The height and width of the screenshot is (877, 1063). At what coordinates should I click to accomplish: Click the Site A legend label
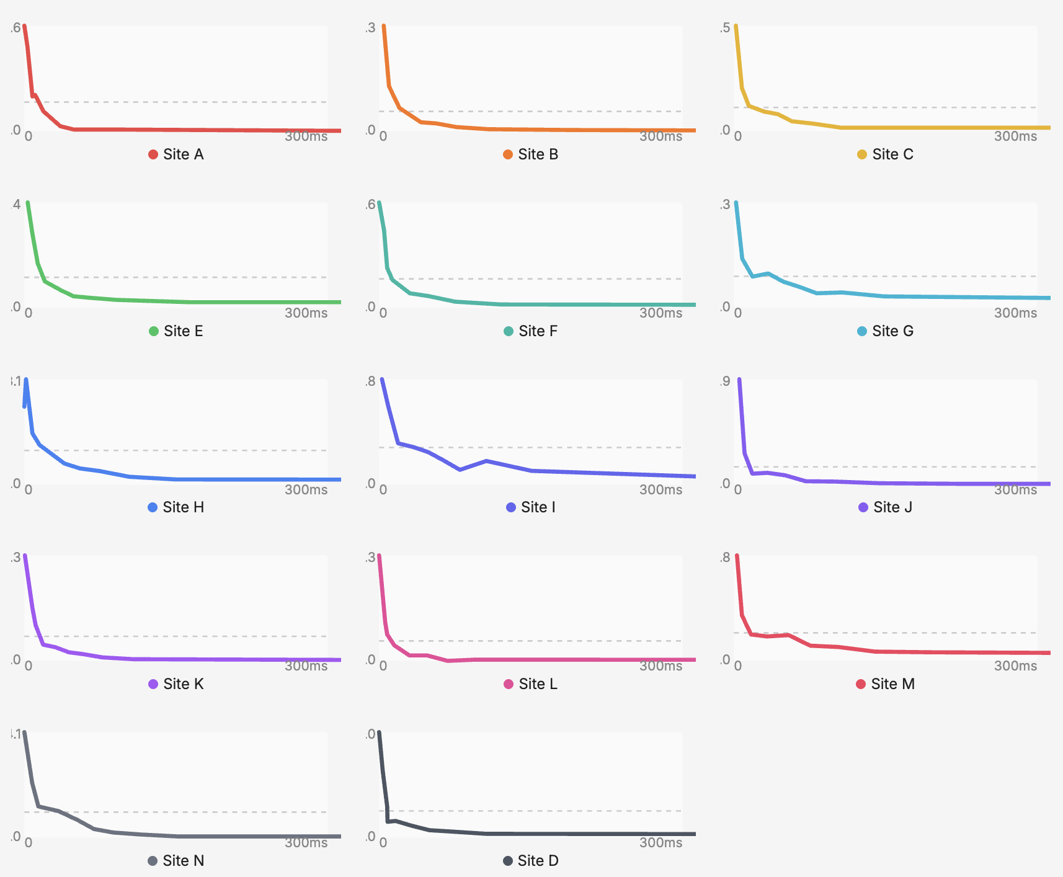tap(183, 154)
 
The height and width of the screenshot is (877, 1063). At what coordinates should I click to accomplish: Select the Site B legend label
tap(538, 154)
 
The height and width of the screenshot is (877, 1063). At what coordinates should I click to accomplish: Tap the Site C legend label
tap(892, 154)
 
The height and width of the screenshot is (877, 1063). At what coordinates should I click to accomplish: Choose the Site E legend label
tap(183, 331)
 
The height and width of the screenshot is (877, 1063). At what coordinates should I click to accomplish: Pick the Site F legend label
tap(538, 331)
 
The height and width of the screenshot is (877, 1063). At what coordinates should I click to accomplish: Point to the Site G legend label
tap(892, 331)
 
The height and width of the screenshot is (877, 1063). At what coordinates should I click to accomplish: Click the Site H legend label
tap(183, 507)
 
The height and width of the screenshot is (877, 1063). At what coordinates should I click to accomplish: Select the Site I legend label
tap(538, 507)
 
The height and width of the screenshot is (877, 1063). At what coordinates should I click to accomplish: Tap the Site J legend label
tap(892, 507)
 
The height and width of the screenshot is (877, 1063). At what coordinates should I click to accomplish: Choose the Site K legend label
tap(183, 684)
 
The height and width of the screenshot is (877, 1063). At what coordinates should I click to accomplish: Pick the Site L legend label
tap(538, 684)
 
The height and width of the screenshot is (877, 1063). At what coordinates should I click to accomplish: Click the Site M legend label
tap(892, 684)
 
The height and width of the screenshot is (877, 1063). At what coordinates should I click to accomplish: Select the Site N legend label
tap(183, 861)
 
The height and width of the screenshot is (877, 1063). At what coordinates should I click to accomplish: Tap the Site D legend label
tap(538, 861)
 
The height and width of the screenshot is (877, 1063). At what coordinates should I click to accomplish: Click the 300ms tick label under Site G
tap(1015, 313)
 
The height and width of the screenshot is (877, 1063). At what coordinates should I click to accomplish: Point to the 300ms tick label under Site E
tap(306, 313)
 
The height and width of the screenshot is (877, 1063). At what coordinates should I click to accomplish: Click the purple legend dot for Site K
tap(153, 684)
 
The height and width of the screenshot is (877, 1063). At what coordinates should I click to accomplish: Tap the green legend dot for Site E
tap(154, 331)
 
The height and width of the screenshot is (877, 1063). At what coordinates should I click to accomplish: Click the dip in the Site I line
tap(460, 470)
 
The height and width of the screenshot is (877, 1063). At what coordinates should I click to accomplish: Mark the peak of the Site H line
tap(26, 380)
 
